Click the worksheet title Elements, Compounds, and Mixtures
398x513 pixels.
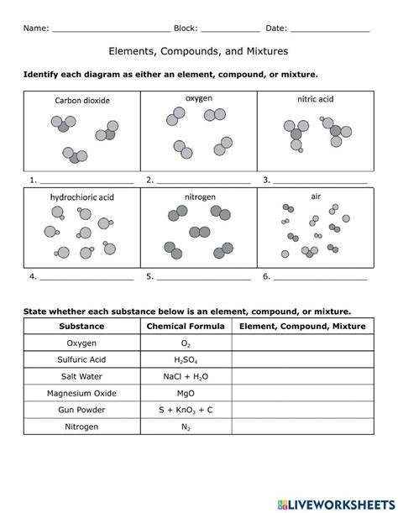click(199, 51)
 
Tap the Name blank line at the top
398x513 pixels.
click(111, 29)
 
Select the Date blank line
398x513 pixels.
click(330, 29)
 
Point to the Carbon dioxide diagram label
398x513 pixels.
click(82, 101)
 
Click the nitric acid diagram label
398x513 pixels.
click(316, 99)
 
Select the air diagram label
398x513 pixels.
click(317, 196)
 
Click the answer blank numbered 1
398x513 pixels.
click(86, 181)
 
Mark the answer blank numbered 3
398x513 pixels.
click(320, 181)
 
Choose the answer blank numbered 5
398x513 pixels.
click(203, 276)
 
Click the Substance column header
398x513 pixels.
click(82, 327)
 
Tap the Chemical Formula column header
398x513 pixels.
click(186, 327)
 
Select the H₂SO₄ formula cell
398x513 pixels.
click(186, 360)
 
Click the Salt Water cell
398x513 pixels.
click(82, 377)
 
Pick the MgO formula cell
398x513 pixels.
click(186, 394)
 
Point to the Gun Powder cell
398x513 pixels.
click(82, 411)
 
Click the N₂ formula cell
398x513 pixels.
click(186, 427)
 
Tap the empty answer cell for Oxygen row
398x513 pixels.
click(302, 343)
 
